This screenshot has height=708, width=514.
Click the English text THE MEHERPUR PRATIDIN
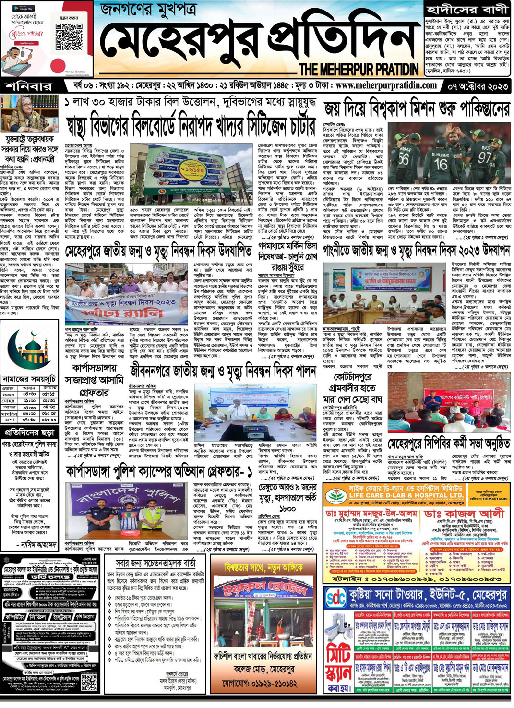point(359,70)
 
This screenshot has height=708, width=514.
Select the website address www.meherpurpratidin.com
point(386,86)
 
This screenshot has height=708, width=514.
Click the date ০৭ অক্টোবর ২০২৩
point(477,87)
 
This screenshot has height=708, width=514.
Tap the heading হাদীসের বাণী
point(466,9)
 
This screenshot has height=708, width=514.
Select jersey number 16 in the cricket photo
point(441,163)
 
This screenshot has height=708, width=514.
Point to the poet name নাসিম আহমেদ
point(39,545)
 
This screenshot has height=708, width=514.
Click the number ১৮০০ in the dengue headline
point(287,508)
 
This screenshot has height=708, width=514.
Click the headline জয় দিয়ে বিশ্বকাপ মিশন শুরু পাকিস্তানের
point(417,110)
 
